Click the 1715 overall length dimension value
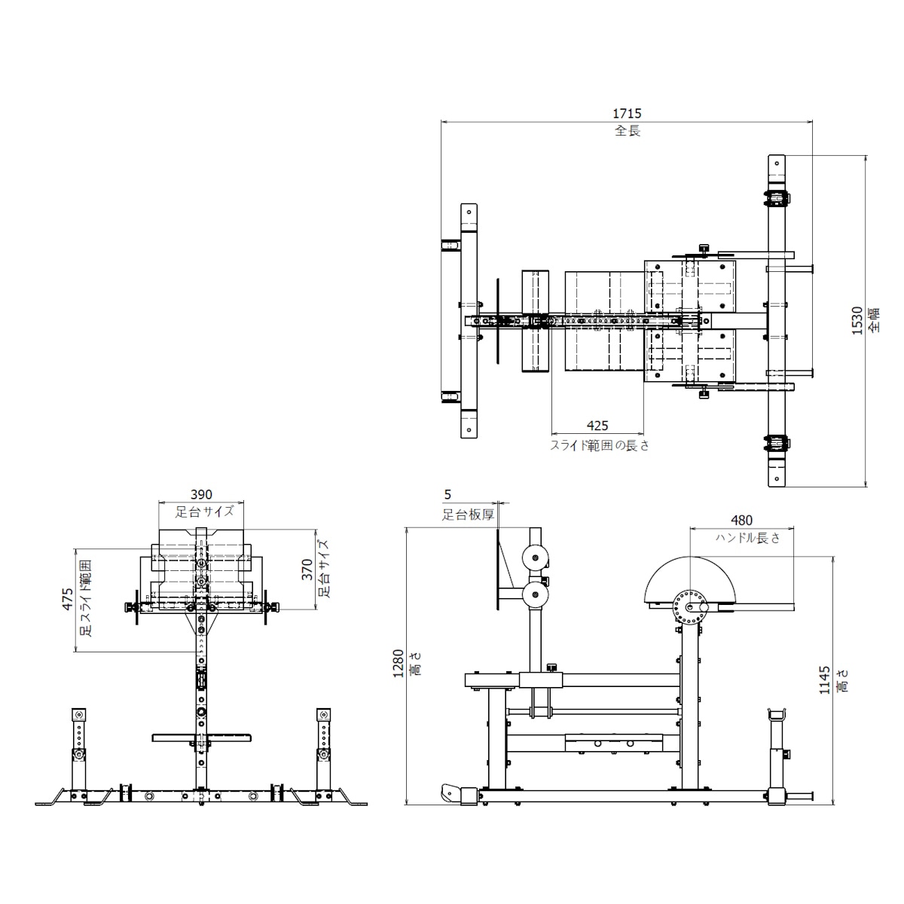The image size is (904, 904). tap(627, 114)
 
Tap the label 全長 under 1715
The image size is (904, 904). tap(628, 131)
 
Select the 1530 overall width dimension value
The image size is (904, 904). tap(857, 320)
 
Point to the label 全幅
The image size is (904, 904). tap(874, 320)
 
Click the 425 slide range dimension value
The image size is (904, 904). tap(597, 426)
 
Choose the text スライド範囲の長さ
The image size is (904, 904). tap(600, 445)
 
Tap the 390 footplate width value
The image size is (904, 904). tap(201, 494)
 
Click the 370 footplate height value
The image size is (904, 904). tap(307, 570)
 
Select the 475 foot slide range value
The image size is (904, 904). tap(68, 599)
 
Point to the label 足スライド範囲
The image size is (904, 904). tap(87, 598)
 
